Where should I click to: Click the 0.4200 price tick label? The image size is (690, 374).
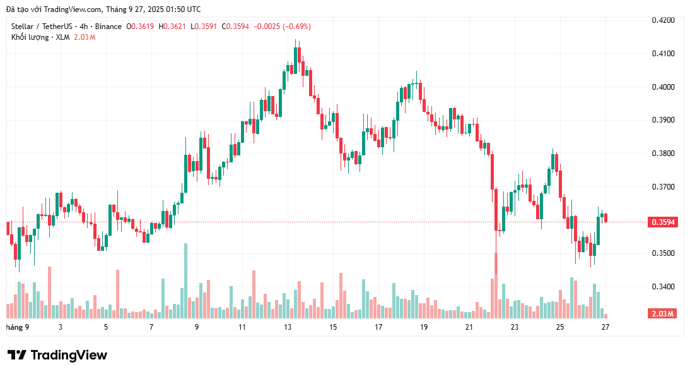[663, 20]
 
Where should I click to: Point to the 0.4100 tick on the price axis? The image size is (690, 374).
[663, 54]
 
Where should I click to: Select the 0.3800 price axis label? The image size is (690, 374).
[663, 154]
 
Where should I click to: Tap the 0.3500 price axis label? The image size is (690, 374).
[663, 253]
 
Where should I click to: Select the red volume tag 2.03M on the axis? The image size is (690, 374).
[662, 314]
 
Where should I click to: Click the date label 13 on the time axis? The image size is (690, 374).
[288, 327]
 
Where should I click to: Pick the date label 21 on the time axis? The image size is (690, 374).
[469, 327]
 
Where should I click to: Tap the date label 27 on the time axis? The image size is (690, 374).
[605, 327]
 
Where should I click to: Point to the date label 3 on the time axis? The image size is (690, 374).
[61, 327]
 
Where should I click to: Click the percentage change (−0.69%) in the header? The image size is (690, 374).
[296, 27]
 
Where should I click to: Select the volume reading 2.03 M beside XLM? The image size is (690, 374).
[85, 37]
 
